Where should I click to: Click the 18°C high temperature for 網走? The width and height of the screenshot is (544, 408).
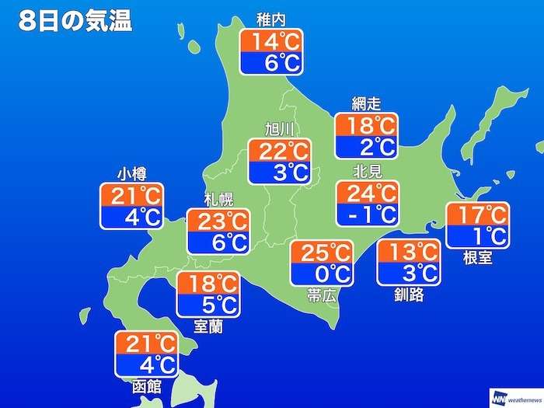[x=366, y=124]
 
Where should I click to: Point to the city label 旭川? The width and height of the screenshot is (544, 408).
[x=278, y=129]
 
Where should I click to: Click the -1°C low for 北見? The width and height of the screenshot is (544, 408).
[x=366, y=212]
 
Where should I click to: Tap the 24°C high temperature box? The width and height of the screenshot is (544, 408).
[x=366, y=191]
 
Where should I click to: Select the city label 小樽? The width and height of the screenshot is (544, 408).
[x=131, y=173]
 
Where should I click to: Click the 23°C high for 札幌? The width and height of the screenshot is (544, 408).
[x=218, y=221]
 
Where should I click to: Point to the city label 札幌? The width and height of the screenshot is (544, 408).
[x=218, y=200]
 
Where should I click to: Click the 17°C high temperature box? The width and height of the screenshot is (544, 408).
[x=476, y=214]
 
